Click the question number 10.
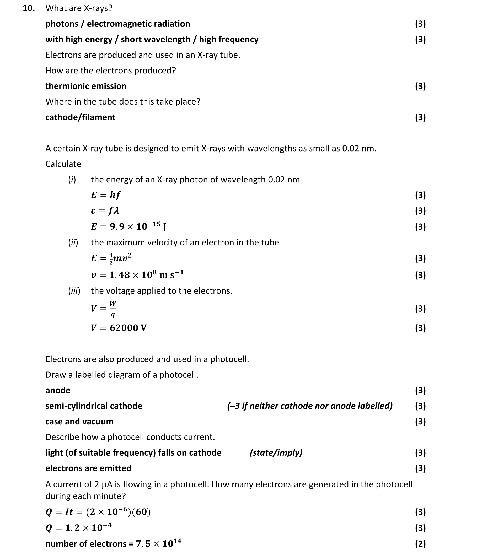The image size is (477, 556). [29, 8]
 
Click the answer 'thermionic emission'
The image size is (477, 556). [86, 86]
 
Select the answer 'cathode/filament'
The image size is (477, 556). [80, 117]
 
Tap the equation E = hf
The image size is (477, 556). [105, 195]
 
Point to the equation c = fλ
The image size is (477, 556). [105, 211]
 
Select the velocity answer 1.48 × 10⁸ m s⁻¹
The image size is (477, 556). [146, 274]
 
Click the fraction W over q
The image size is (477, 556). [113, 309]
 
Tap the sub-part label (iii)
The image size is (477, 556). [74, 291]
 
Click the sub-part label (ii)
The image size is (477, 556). [73, 242]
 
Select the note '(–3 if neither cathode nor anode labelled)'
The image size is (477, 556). [309, 406]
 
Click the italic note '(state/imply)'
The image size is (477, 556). [276, 452]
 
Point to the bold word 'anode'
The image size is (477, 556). [58, 390]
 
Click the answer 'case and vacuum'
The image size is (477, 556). [79, 421]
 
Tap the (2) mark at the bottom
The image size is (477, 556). [420, 544]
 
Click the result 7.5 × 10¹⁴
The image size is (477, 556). [158, 543]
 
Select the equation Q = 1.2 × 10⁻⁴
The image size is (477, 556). [78, 527]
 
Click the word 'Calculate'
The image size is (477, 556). [63, 164]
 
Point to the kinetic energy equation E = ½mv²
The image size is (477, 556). [111, 258]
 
